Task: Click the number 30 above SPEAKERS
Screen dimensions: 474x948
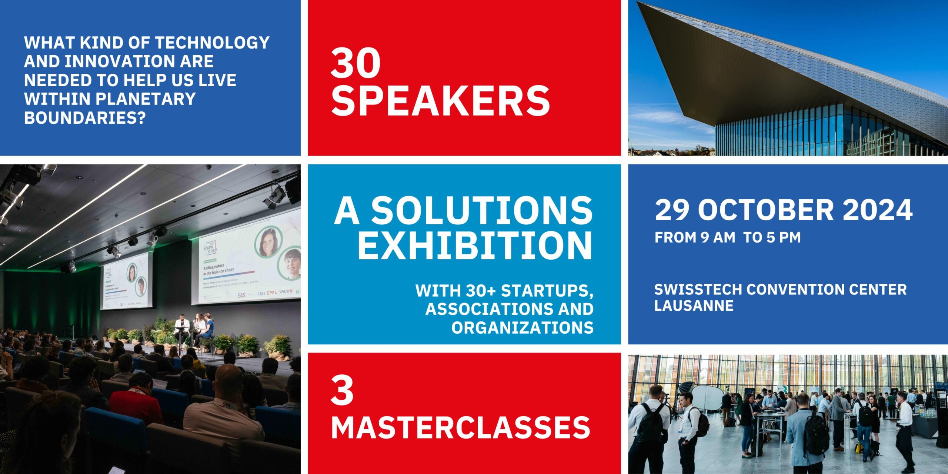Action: (355, 64)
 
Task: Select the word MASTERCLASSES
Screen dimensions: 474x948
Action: (460, 427)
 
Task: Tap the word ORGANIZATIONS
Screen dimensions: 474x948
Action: (522, 327)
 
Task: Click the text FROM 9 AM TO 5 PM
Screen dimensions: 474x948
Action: (727, 237)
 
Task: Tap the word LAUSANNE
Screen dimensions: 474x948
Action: (694, 306)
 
